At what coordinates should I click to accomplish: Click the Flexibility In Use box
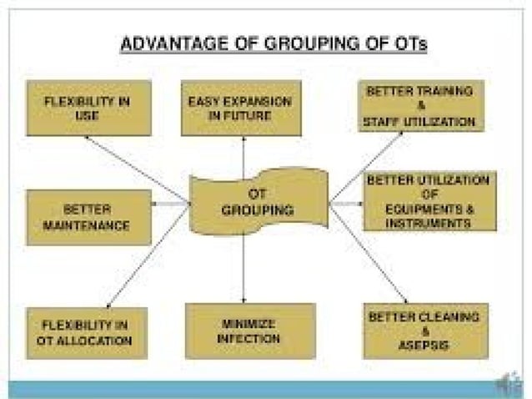click(x=88, y=108)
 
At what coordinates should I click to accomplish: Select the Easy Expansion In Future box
click(x=242, y=108)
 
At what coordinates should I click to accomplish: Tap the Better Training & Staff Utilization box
click(x=423, y=106)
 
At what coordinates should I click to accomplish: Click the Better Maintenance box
click(x=88, y=217)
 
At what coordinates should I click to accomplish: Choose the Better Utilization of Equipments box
click(x=429, y=201)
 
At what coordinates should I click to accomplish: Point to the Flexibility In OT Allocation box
click(x=87, y=332)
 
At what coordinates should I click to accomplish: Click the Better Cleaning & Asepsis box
click(x=424, y=331)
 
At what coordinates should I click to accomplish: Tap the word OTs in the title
click(x=408, y=44)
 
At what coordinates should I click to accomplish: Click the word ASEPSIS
click(x=424, y=345)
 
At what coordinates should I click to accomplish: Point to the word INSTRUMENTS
click(x=429, y=224)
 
